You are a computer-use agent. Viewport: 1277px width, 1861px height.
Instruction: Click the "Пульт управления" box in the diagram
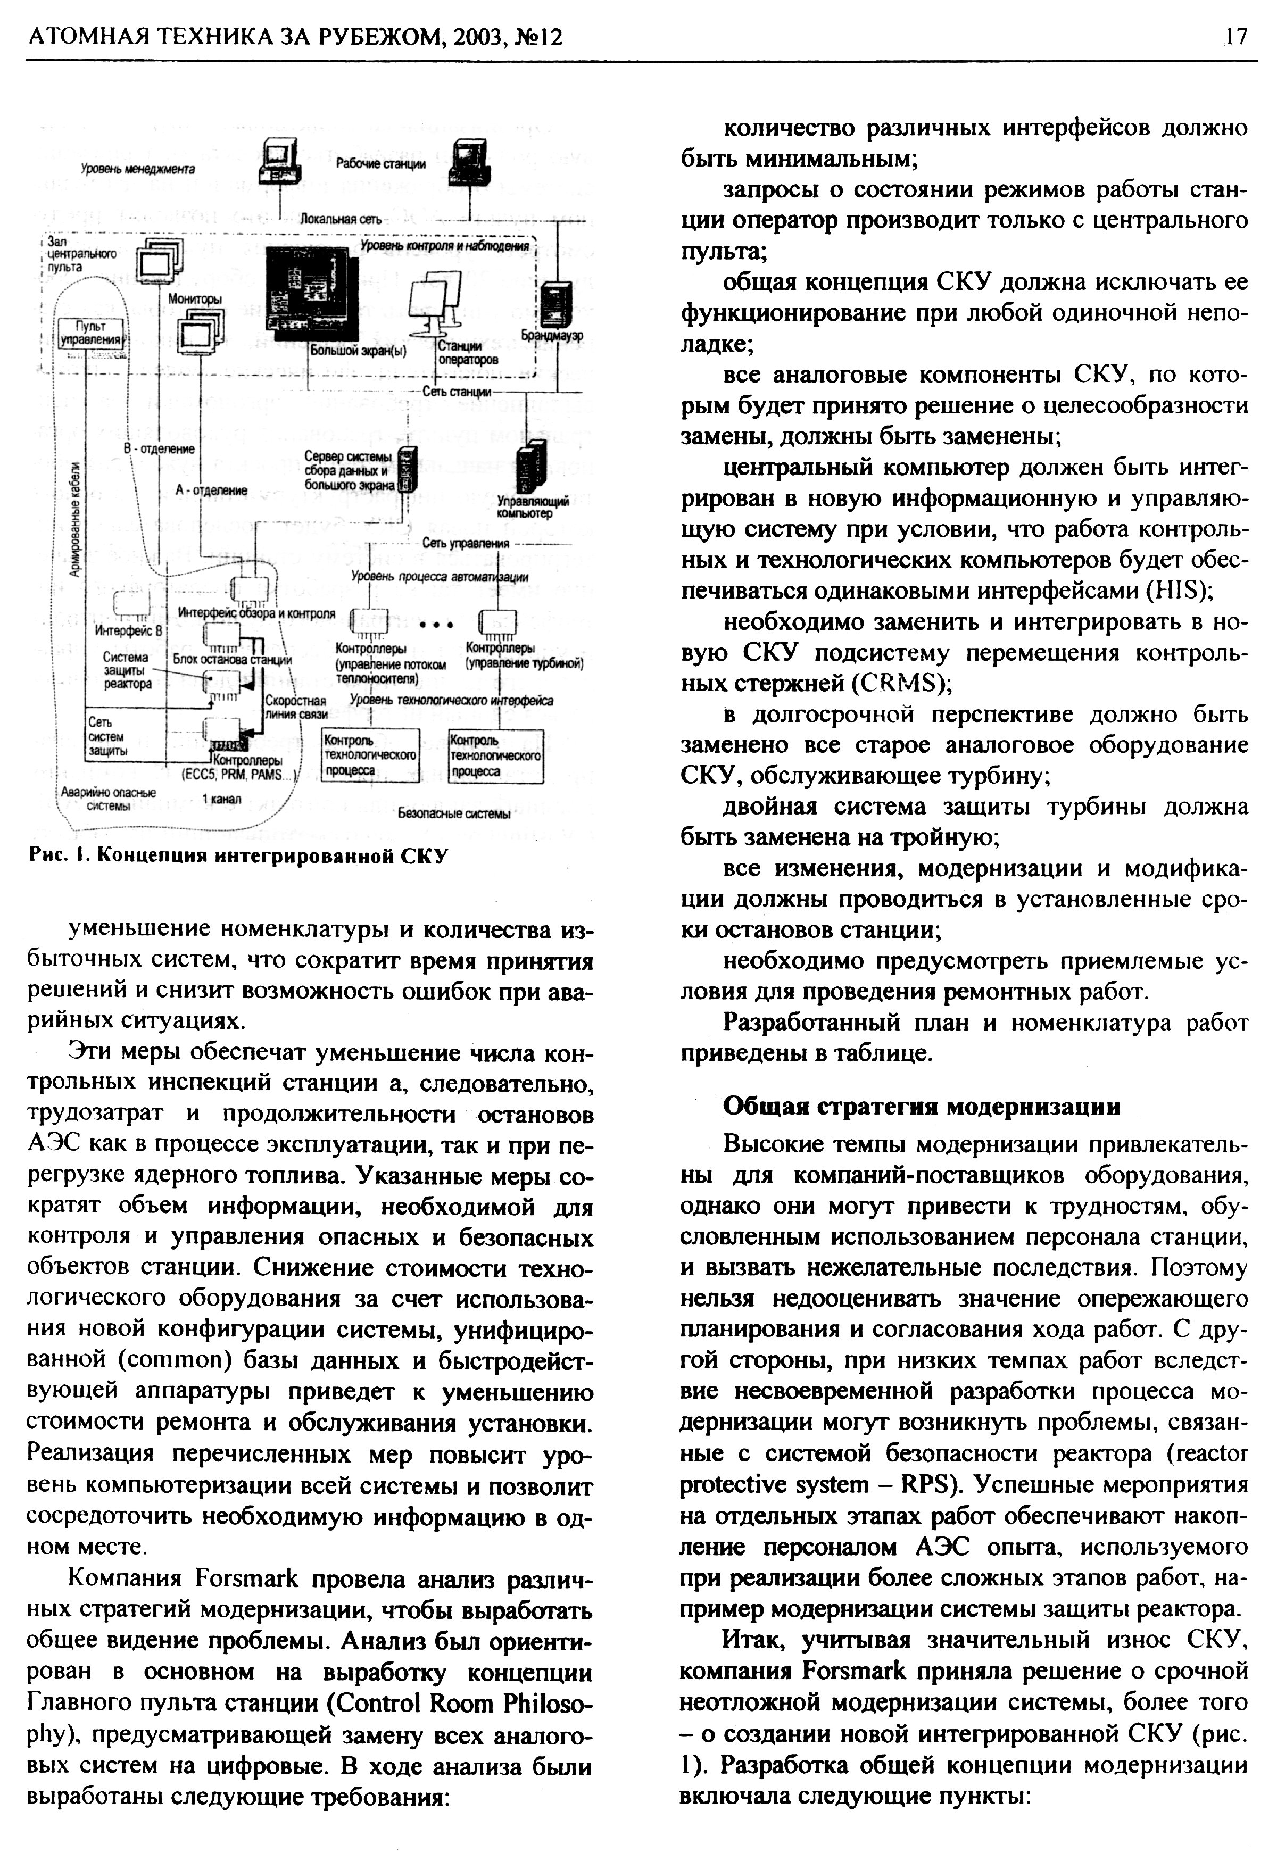point(90,333)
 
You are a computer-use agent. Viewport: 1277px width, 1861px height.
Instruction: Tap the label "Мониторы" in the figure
point(195,298)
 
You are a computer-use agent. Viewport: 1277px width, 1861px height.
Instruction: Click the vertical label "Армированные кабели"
point(74,518)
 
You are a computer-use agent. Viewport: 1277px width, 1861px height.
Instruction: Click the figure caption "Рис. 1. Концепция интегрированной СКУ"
point(238,855)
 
